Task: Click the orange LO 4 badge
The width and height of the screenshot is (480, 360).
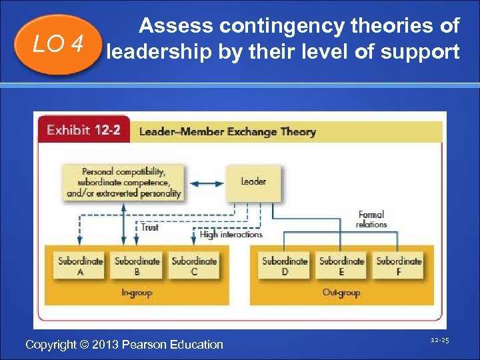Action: [x=58, y=44]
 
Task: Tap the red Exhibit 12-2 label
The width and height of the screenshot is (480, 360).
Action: [x=83, y=130]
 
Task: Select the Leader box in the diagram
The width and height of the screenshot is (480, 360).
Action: [x=253, y=181]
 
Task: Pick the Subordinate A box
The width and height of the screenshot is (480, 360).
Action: [x=79, y=266]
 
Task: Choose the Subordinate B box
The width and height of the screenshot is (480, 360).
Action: [x=137, y=266]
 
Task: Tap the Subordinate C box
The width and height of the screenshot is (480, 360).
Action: [x=193, y=266]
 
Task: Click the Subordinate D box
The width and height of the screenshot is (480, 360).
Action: [x=285, y=266]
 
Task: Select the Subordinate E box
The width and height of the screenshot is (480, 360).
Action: [x=341, y=266]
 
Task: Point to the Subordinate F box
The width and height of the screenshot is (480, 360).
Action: [x=399, y=266]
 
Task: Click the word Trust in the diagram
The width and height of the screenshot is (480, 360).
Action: [x=150, y=227]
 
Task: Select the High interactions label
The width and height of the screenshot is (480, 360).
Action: [x=231, y=235]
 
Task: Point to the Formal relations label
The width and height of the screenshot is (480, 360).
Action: [x=371, y=220]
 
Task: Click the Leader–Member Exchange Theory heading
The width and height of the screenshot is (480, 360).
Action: [x=227, y=131]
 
